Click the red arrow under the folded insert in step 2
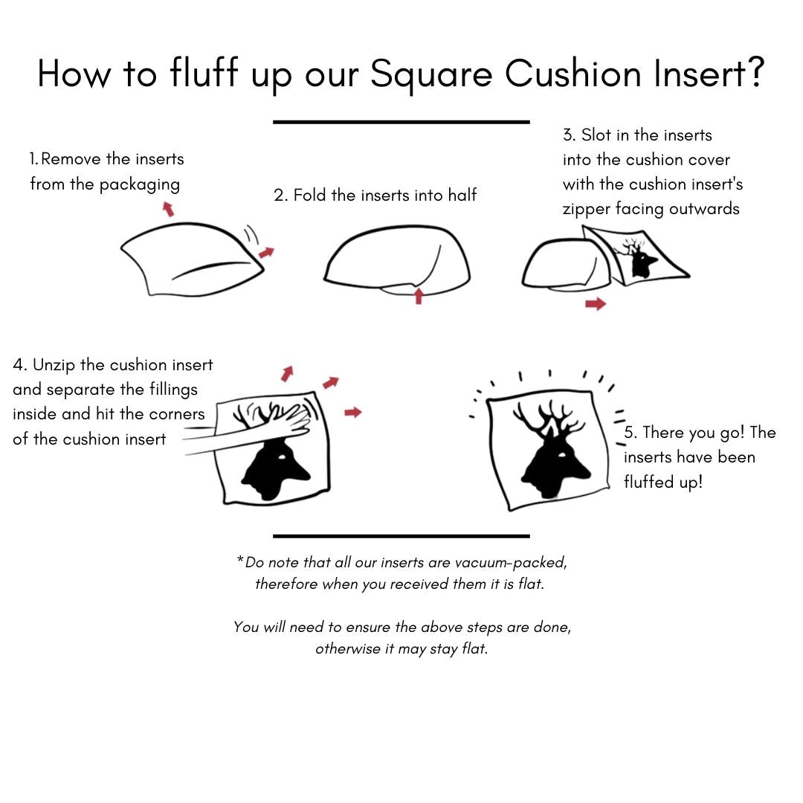[x=419, y=295]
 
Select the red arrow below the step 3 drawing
[x=596, y=304]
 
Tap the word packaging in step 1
[x=139, y=185]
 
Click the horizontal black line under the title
[x=401, y=122]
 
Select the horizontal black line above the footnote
[x=401, y=536]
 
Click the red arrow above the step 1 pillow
[x=168, y=209]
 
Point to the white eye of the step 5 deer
[x=562, y=455]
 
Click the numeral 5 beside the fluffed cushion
[x=629, y=432]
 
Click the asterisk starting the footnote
[x=240, y=558]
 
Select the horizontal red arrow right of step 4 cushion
[x=353, y=412]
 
